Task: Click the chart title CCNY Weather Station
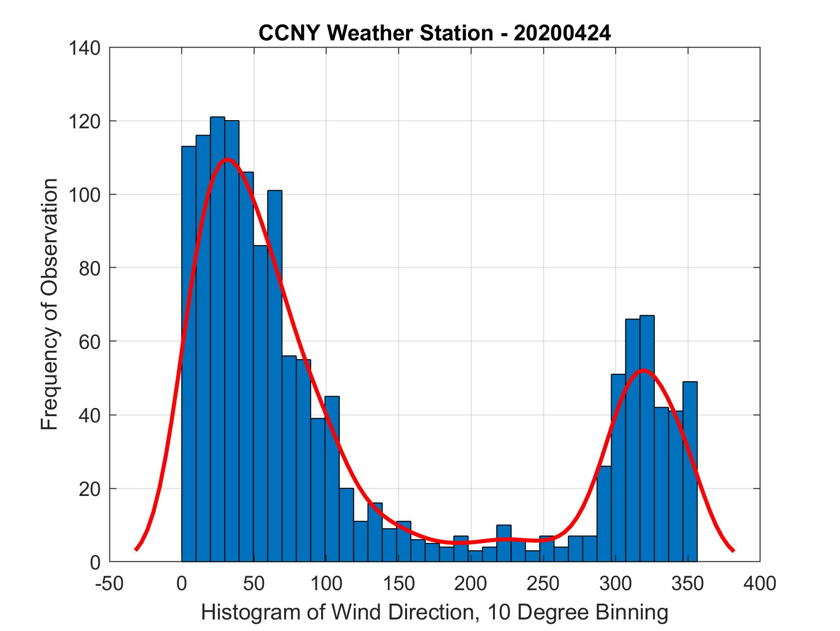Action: coord(434,33)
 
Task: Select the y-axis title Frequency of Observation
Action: coord(49,304)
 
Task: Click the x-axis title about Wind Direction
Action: coord(434,612)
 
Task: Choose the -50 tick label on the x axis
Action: coord(109,583)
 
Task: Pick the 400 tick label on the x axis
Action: coord(760,583)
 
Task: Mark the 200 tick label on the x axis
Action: coord(471,583)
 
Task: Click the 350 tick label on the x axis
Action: coord(688,583)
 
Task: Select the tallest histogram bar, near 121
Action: coord(217,336)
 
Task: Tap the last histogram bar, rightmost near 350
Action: coord(690,471)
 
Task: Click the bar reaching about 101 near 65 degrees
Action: coord(275,375)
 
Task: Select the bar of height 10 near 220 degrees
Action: coord(504,543)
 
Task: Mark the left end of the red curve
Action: coord(136,549)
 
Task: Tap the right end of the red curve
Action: coord(733,551)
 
